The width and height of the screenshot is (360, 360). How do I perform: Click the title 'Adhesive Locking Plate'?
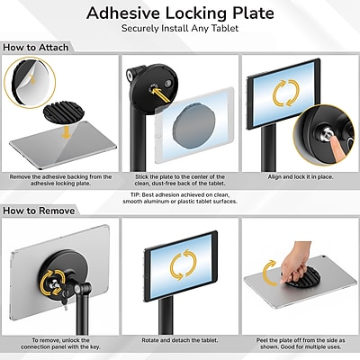[x=180, y=13]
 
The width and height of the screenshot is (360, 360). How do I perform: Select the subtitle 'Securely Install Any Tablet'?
[x=180, y=29]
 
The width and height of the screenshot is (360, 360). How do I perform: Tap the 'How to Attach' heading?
[x=36, y=48]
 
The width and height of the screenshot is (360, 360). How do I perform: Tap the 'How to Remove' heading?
[x=39, y=211]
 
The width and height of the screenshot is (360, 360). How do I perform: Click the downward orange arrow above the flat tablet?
[x=66, y=132]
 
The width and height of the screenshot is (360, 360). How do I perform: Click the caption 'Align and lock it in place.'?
[x=301, y=177]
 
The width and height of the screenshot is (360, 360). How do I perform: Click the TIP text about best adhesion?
[x=180, y=198]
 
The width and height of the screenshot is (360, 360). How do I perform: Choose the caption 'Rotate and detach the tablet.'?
[x=180, y=340]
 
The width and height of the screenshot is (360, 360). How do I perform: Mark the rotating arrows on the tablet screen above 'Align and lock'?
[x=285, y=93]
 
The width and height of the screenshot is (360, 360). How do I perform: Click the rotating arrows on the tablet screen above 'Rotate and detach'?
[x=184, y=265]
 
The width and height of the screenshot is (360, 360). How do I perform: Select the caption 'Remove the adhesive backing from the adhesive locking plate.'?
[x=60, y=180]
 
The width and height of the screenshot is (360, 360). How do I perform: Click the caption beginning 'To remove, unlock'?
[x=60, y=344]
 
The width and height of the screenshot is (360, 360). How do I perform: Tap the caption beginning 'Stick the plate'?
[x=180, y=180]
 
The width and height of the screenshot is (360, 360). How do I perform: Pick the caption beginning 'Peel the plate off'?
[x=301, y=344]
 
